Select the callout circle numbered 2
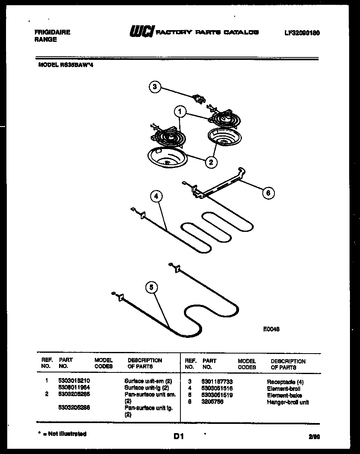pos(211,162)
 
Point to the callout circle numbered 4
pos(157,197)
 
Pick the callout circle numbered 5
pos(151,287)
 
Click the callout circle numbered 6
pos(268,193)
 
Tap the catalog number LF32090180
pos(302,33)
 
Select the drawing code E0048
pos(271,329)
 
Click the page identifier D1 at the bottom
pos(179,436)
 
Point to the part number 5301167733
pos(217,382)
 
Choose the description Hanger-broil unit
pos(288,402)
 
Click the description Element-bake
pos(284,395)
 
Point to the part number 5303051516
pos(217,389)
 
